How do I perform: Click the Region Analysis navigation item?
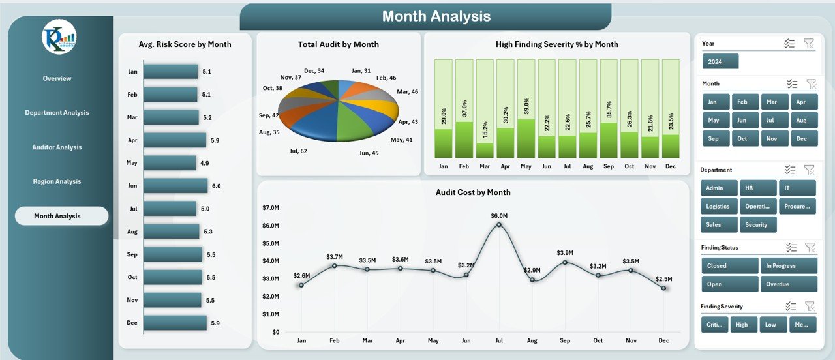click(x=57, y=181)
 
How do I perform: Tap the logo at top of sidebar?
click(x=59, y=37)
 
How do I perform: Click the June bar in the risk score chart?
click(x=175, y=186)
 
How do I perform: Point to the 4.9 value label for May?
click(x=205, y=163)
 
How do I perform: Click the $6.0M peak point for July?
click(x=499, y=225)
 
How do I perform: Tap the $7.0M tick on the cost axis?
click(x=270, y=207)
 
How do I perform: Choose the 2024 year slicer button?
click(x=720, y=61)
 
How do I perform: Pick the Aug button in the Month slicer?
click(x=802, y=120)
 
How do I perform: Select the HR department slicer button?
click(x=758, y=188)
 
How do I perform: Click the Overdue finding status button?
click(x=788, y=284)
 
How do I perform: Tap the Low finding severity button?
click(x=771, y=324)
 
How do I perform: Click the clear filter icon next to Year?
click(x=808, y=44)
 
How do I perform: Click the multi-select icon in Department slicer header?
click(x=791, y=170)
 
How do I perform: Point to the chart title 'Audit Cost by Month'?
click(x=473, y=192)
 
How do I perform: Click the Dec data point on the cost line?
click(x=663, y=288)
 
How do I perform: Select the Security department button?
click(x=757, y=224)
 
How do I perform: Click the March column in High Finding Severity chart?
click(x=485, y=108)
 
